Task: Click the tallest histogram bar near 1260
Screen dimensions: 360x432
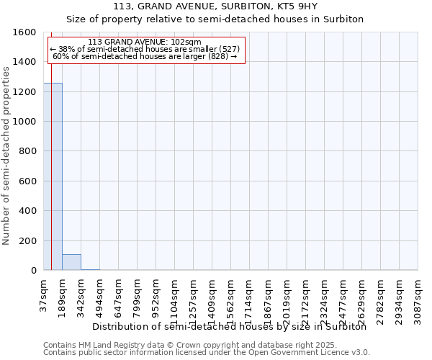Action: pyautogui.click(x=53, y=176)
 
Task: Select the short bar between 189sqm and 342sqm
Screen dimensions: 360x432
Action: pyautogui.click(x=71, y=262)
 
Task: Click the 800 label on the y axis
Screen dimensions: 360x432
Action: pyautogui.click(x=28, y=151)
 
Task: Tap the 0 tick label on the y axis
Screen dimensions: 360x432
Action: pyautogui.click(x=33, y=270)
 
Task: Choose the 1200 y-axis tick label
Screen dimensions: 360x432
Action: pyautogui.click(x=25, y=92)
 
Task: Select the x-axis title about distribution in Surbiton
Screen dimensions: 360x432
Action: pyautogui.click(x=230, y=326)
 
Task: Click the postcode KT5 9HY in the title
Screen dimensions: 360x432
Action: pyautogui.click(x=287, y=6)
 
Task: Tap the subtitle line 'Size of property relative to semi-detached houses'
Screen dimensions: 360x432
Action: pyautogui.click(x=215, y=19)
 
